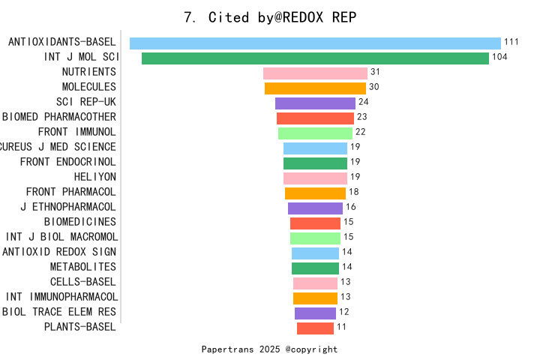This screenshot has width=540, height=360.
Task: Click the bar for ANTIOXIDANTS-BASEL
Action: click(x=315, y=43)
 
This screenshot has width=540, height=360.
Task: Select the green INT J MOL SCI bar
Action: click(x=315, y=58)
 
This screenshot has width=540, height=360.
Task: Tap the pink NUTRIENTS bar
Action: click(x=315, y=73)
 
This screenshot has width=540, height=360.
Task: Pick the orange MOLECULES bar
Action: click(x=315, y=88)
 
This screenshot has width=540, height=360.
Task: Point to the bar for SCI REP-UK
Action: click(x=315, y=103)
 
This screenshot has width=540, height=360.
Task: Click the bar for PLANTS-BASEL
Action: click(x=315, y=328)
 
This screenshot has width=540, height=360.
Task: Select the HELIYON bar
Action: click(x=315, y=178)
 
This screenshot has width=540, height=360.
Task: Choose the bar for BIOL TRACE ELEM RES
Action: click(x=315, y=313)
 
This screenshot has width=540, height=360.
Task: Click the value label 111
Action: click(x=511, y=42)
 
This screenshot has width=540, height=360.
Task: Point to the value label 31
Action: click(x=375, y=72)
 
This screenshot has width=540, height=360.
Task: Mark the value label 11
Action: click(x=341, y=327)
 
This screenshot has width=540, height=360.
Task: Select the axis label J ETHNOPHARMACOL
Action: click(x=68, y=207)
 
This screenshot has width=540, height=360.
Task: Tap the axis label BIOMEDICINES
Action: click(x=80, y=222)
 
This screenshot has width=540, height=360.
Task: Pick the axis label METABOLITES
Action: click(x=83, y=267)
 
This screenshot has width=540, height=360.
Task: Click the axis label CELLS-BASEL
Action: click(x=83, y=282)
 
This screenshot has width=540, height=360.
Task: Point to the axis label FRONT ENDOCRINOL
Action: click(x=68, y=162)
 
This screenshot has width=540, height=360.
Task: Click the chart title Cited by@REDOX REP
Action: click(x=270, y=17)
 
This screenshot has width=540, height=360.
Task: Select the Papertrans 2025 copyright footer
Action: click(x=269, y=349)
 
